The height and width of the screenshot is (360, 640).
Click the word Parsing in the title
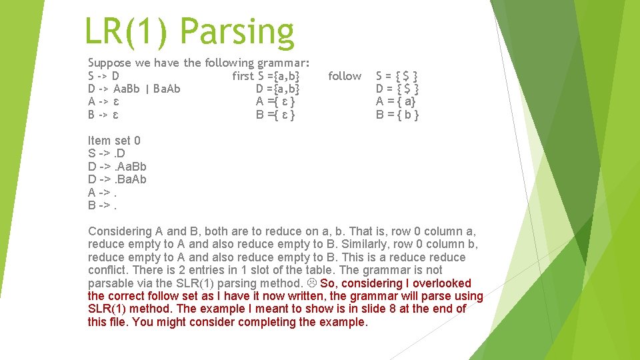click(x=237, y=32)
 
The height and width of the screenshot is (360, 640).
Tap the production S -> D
click(x=104, y=76)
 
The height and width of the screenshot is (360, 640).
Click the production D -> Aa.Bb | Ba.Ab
click(x=134, y=89)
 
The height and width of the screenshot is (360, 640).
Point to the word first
click(x=243, y=76)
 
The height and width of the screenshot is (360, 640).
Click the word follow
click(x=345, y=76)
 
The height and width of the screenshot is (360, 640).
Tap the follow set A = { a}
click(x=397, y=101)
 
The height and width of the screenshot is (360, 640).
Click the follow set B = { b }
click(x=397, y=115)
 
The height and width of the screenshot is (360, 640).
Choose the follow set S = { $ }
click(x=397, y=76)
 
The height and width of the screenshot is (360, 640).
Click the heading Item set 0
click(x=114, y=141)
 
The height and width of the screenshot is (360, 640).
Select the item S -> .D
click(x=107, y=153)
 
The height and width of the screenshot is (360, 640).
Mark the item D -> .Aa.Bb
click(x=117, y=167)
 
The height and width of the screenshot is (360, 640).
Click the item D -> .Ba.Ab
click(x=117, y=179)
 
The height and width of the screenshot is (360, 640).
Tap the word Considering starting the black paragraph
click(x=120, y=231)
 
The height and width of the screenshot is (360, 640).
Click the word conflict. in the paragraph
click(x=109, y=270)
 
